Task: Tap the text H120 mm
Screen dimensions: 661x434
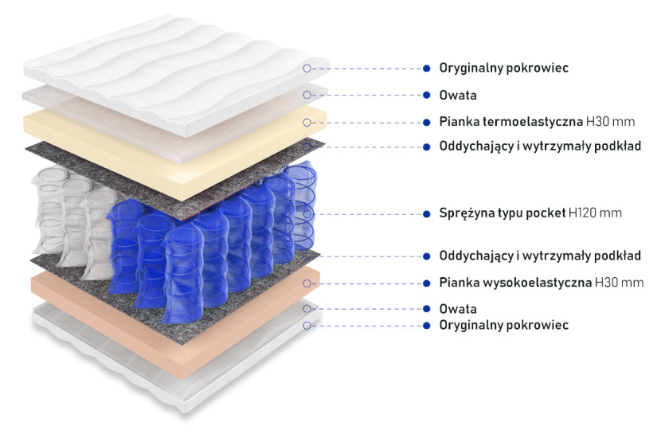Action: coord(595,213)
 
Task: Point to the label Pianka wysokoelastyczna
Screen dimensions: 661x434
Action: coord(515,283)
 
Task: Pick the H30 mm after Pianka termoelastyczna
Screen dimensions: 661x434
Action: coord(610,122)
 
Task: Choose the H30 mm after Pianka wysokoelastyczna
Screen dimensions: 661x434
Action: coord(619,283)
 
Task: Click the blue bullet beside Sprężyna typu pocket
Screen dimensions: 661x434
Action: coord(426,214)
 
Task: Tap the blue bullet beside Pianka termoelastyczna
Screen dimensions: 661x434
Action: coord(426,123)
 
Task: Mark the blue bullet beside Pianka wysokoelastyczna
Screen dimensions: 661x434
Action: coord(426,283)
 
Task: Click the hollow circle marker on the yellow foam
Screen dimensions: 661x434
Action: coord(307,123)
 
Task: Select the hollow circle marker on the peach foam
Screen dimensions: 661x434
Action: coord(307,283)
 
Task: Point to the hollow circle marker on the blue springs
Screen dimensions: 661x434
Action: coord(307,214)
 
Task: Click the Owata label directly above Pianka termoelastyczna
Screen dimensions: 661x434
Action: coord(458,96)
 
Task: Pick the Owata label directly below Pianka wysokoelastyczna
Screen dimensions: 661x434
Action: coord(458,309)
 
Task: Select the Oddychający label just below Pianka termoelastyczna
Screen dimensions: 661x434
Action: coord(540,147)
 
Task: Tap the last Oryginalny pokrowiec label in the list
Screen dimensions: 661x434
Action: coord(504,325)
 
